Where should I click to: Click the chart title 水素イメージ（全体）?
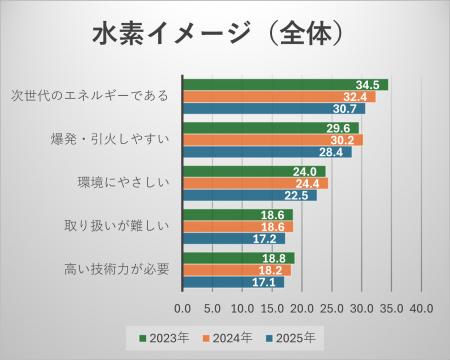225,32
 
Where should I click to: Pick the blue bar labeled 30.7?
274,109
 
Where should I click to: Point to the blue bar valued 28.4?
267,152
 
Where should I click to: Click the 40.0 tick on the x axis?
420,307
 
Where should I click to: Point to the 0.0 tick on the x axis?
183,307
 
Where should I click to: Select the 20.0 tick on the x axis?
301,307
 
